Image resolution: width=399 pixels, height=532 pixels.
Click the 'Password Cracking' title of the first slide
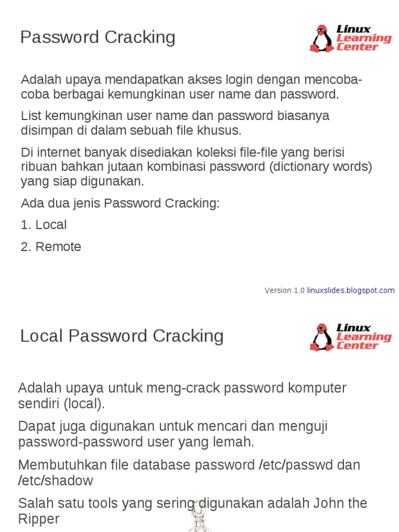pos(98,37)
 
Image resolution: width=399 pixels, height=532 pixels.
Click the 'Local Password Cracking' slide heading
pos(122,336)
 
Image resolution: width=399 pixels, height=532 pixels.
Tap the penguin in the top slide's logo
pos(322,38)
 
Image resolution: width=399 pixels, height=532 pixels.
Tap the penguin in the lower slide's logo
pos(322,337)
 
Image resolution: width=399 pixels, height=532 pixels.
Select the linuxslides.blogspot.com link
pos(351,290)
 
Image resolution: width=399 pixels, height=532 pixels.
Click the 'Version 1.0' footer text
pos(284,290)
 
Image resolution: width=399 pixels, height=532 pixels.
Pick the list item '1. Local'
pos(44,225)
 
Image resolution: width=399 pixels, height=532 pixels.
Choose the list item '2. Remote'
pos(51,247)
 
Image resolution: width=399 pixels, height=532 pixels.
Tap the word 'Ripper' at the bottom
pos(39,518)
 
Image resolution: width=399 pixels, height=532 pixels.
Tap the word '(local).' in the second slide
pos(84,404)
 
